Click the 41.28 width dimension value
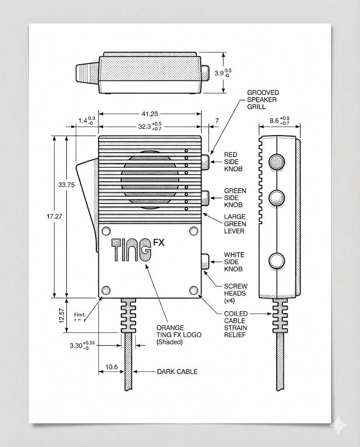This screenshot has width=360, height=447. point(150,113)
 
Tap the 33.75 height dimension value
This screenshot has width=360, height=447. point(66,185)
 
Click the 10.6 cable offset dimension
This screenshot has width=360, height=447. point(111,367)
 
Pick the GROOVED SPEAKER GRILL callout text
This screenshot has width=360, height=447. point(263,100)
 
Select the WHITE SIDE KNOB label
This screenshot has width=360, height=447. point(234,262)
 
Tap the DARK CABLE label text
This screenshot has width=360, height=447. point(177,371)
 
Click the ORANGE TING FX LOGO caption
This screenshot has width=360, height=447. point(170,335)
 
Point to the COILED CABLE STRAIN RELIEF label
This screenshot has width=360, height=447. point(236,324)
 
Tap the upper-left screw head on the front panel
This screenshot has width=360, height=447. point(105,230)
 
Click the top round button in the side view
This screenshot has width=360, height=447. point(276,162)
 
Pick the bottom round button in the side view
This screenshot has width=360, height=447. point(276,261)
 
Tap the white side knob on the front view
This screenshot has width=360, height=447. point(205,261)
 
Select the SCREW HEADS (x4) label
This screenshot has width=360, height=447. point(235,293)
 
